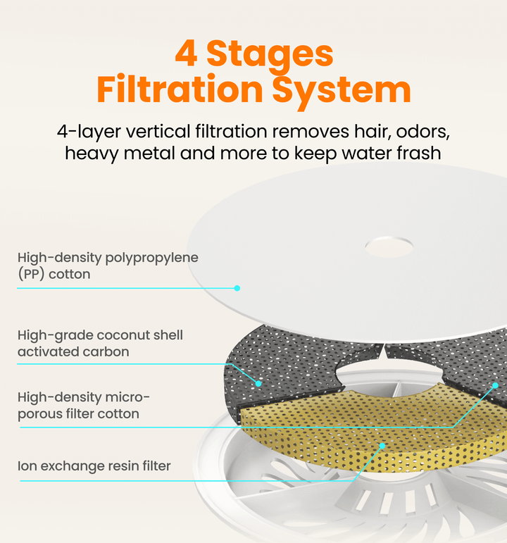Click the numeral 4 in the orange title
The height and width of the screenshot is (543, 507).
pyautogui.click(x=187, y=53)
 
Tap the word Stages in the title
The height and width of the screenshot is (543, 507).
pyautogui.click(x=270, y=55)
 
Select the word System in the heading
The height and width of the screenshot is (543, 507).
pyautogui.click(x=342, y=91)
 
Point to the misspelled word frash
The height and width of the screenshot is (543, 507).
pyautogui.click(x=419, y=153)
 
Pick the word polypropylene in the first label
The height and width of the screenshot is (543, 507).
pyautogui.click(x=151, y=258)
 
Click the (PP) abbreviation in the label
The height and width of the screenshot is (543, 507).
pyautogui.click(x=31, y=274)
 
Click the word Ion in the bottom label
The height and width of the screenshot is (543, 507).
pyautogui.click(x=27, y=466)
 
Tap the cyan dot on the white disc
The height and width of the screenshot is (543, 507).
pyautogui.click(x=237, y=288)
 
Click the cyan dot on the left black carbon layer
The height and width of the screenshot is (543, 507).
pyautogui.click(x=258, y=383)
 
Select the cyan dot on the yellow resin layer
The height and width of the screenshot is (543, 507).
pyautogui.click(x=382, y=446)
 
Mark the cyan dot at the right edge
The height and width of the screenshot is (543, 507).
pyautogui.click(x=495, y=385)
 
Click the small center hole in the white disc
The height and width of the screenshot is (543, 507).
pyautogui.click(x=389, y=247)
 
